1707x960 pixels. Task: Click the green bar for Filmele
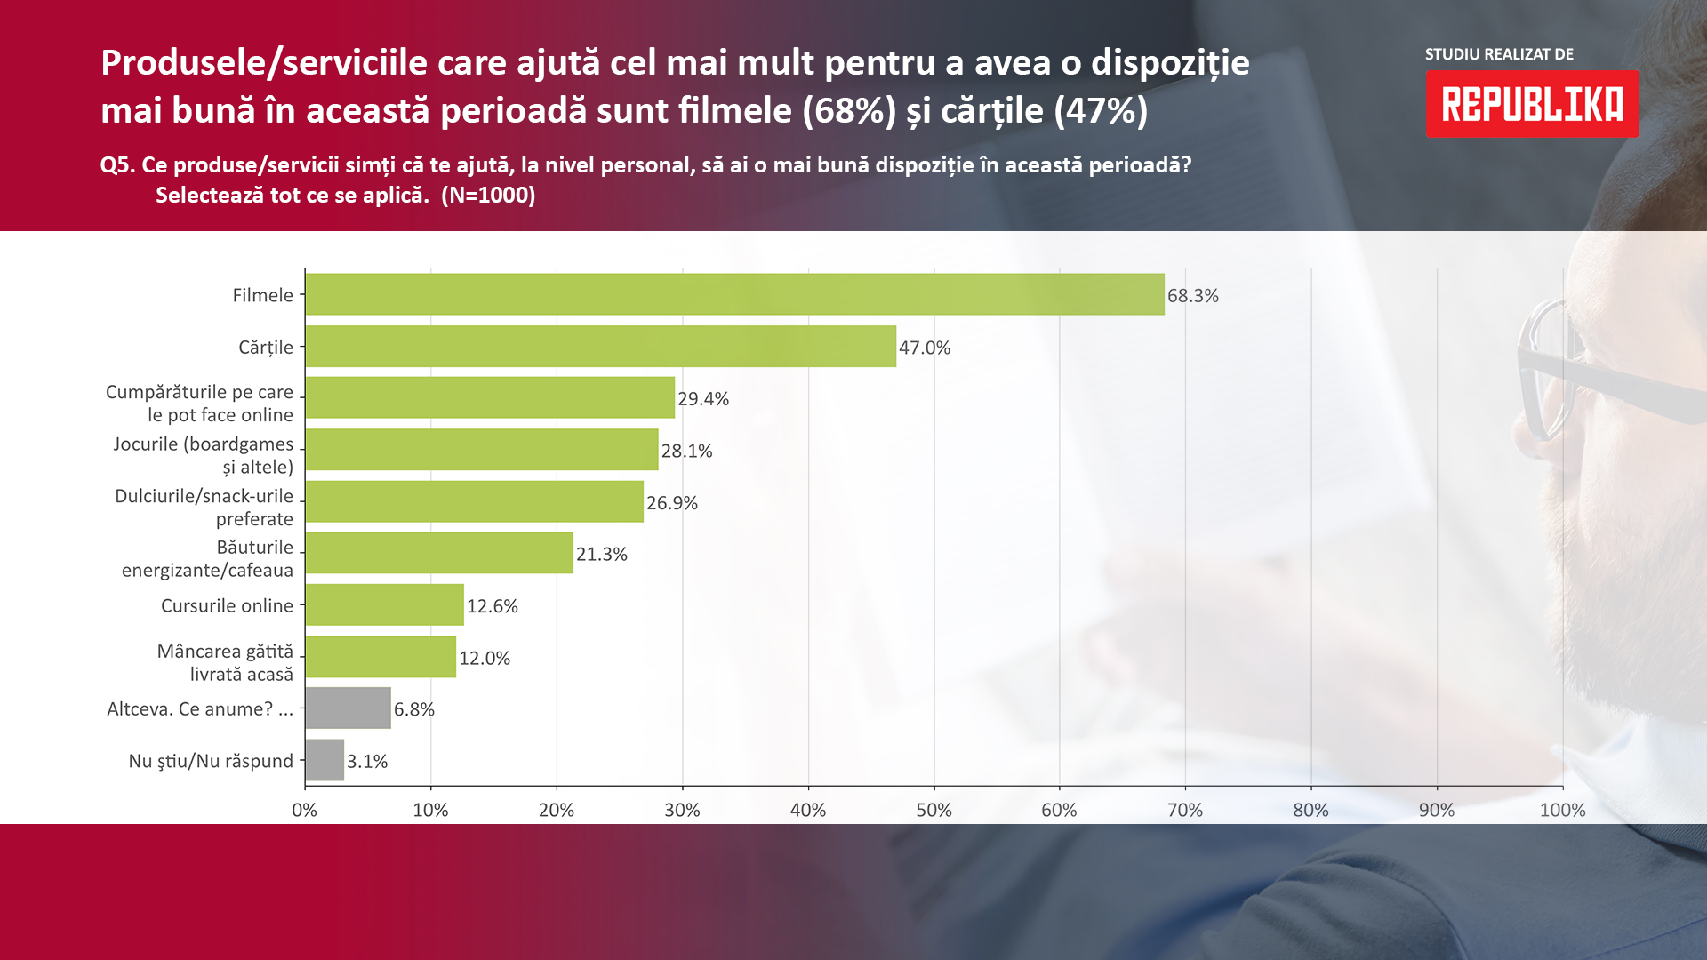point(734,294)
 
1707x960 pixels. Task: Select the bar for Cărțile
point(600,346)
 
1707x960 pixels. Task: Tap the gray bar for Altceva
point(348,708)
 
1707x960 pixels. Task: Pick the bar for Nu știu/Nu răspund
point(325,760)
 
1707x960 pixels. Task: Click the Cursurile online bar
point(384,604)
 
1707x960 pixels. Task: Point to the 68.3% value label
point(1193,296)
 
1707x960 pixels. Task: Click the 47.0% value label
point(925,348)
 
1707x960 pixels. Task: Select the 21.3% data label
point(602,554)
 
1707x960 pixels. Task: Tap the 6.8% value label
point(414,709)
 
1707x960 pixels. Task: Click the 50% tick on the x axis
point(934,810)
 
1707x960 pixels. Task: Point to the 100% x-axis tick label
point(1562,810)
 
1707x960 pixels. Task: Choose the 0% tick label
point(305,810)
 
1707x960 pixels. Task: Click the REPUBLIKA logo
point(1532,104)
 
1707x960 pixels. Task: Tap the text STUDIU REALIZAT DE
point(1499,54)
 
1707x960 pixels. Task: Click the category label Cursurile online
point(227,605)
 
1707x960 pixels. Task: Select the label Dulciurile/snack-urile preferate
point(204,507)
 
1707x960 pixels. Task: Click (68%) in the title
point(849,110)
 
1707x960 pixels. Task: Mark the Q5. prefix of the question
point(117,165)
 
